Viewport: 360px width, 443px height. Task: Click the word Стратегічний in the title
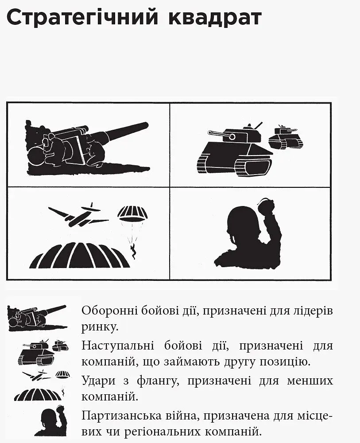click(x=82, y=18)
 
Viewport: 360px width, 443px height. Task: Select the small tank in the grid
click(x=286, y=137)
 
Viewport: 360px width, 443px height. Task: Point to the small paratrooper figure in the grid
click(x=133, y=251)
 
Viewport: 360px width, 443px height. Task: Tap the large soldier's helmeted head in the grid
click(x=241, y=223)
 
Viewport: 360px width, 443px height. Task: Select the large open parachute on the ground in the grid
click(x=80, y=255)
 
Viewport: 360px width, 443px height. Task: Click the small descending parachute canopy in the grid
click(x=132, y=214)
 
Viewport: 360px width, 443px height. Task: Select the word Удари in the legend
click(x=99, y=381)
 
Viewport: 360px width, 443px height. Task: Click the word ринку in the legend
click(x=99, y=327)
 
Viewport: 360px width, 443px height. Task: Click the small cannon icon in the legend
click(x=37, y=318)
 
